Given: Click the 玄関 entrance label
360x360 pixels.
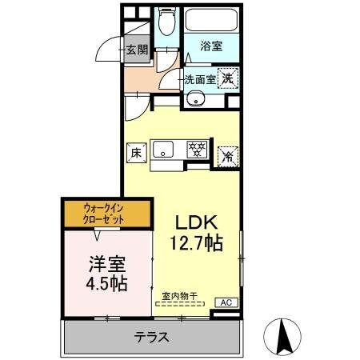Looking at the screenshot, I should tap(138, 50).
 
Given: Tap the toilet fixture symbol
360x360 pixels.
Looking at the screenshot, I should tap(166, 22).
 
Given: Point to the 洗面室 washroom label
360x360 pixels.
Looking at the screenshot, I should tap(200, 79).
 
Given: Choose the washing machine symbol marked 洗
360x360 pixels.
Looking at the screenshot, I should tap(228, 78).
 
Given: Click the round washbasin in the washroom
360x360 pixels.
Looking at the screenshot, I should tap(196, 100).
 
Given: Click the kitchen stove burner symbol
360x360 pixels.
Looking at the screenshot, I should tap(197, 148).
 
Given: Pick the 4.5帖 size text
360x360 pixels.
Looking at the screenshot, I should tap(106, 284).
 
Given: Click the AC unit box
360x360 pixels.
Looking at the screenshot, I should tap(227, 302).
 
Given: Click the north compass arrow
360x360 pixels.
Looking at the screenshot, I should tap(282, 335).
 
